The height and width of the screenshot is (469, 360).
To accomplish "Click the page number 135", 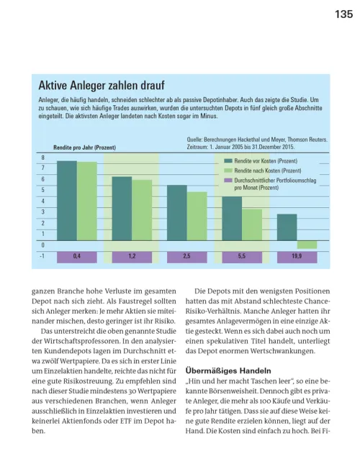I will pos(343,17).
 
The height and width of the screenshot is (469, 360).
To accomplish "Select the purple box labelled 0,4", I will pos(76,256).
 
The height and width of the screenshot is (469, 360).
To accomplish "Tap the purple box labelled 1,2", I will pos(132,256).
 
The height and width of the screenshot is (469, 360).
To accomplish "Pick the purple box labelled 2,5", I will pos(186,256).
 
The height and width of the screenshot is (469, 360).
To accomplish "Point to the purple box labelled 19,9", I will pos(297,256).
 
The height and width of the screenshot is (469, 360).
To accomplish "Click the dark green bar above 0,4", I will pos(67,202).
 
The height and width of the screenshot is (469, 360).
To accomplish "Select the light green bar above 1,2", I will pos(142,211).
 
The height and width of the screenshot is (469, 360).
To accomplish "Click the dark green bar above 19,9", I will pos(287,229).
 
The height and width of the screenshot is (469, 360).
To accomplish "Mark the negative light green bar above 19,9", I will pos(307,245).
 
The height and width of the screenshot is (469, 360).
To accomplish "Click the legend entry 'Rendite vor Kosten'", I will pos(261,161).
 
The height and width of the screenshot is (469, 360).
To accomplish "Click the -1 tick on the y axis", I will pos(42,256).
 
